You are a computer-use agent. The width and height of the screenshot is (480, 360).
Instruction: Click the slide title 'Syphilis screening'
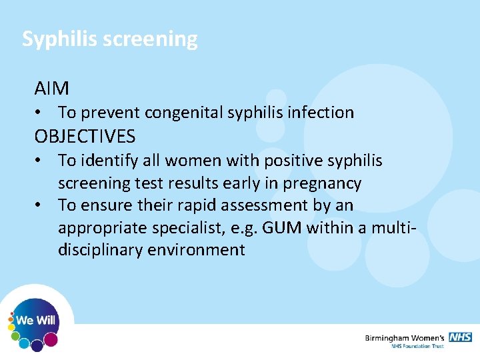(x=110, y=39)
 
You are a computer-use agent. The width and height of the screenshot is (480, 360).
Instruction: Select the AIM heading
(x=52, y=88)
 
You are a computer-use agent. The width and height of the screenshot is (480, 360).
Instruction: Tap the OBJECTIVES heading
(x=85, y=137)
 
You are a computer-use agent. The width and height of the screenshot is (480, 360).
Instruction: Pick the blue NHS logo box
(x=460, y=337)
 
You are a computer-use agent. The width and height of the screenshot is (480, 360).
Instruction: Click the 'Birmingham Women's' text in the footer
(x=405, y=337)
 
